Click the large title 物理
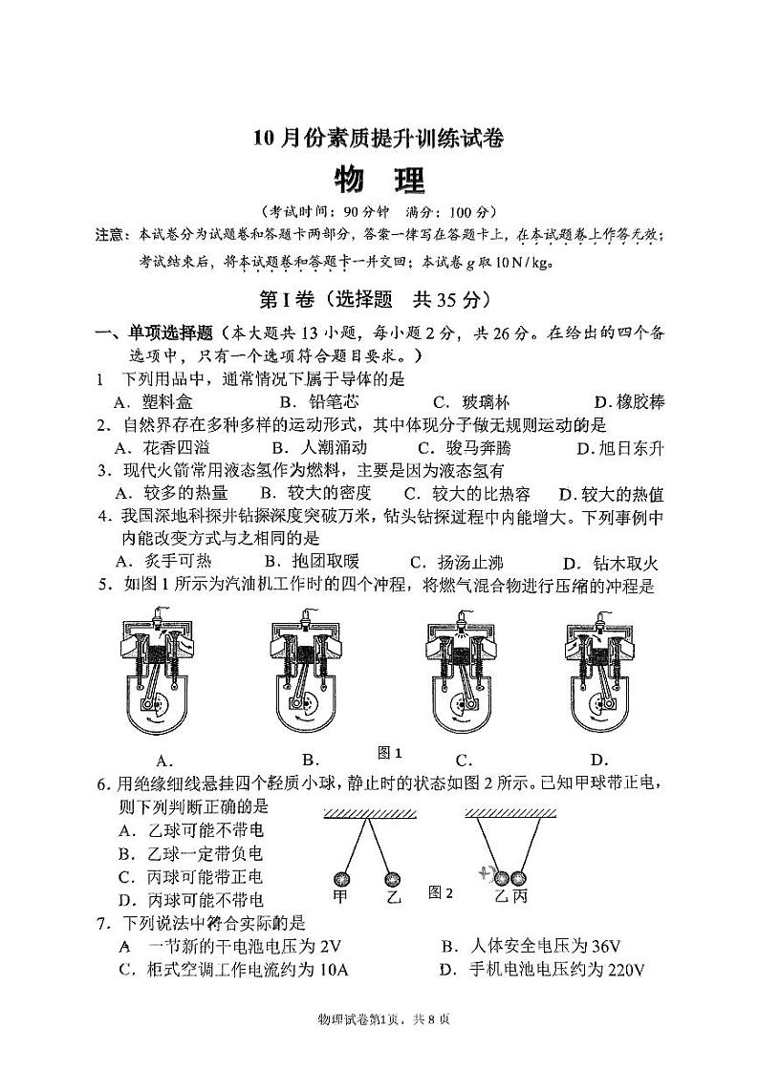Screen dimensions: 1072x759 pyautogui.click(x=379, y=179)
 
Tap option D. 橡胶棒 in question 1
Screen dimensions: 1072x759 pyautogui.click(x=628, y=402)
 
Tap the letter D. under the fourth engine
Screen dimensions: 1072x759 pyautogui.click(x=599, y=760)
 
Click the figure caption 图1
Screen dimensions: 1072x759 pyautogui.click(x=390, y=752)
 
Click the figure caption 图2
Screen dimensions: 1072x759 pyautogui.click(x=441, y=891)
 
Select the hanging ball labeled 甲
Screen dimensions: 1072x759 pyautogui.click(x=341, y=878)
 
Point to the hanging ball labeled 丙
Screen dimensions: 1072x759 pyautogui.click(x=519, y=877)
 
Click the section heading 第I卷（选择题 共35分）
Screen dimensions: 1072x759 pyautogui.click(x=379, y=299)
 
